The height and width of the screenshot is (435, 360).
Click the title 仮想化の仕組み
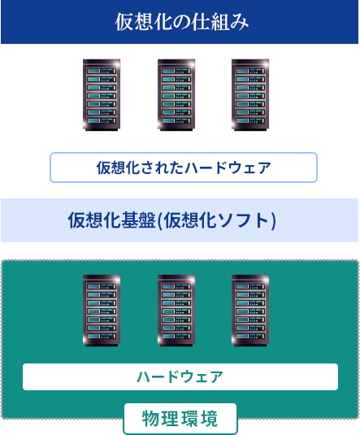click(x=180, y=22)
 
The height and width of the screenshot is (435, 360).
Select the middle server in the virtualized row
click(x=176, y=94)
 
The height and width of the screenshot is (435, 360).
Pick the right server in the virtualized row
click(x=250, y=94)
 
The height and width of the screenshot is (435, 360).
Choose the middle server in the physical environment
click(x=176, y=311)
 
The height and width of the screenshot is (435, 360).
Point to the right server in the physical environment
click(x=250, y=311)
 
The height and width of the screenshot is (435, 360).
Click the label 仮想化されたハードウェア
click(x=183, y=168)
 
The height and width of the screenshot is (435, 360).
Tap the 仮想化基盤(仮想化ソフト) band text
click(x=172, y=220)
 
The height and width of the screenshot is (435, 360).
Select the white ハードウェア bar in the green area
click(x=180, y=376)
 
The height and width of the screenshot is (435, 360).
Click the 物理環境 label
click(x=180, y=420)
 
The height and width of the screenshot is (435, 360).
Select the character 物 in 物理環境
click(x=151, y=420)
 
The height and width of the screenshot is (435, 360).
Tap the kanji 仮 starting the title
click(x=124, y=22)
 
